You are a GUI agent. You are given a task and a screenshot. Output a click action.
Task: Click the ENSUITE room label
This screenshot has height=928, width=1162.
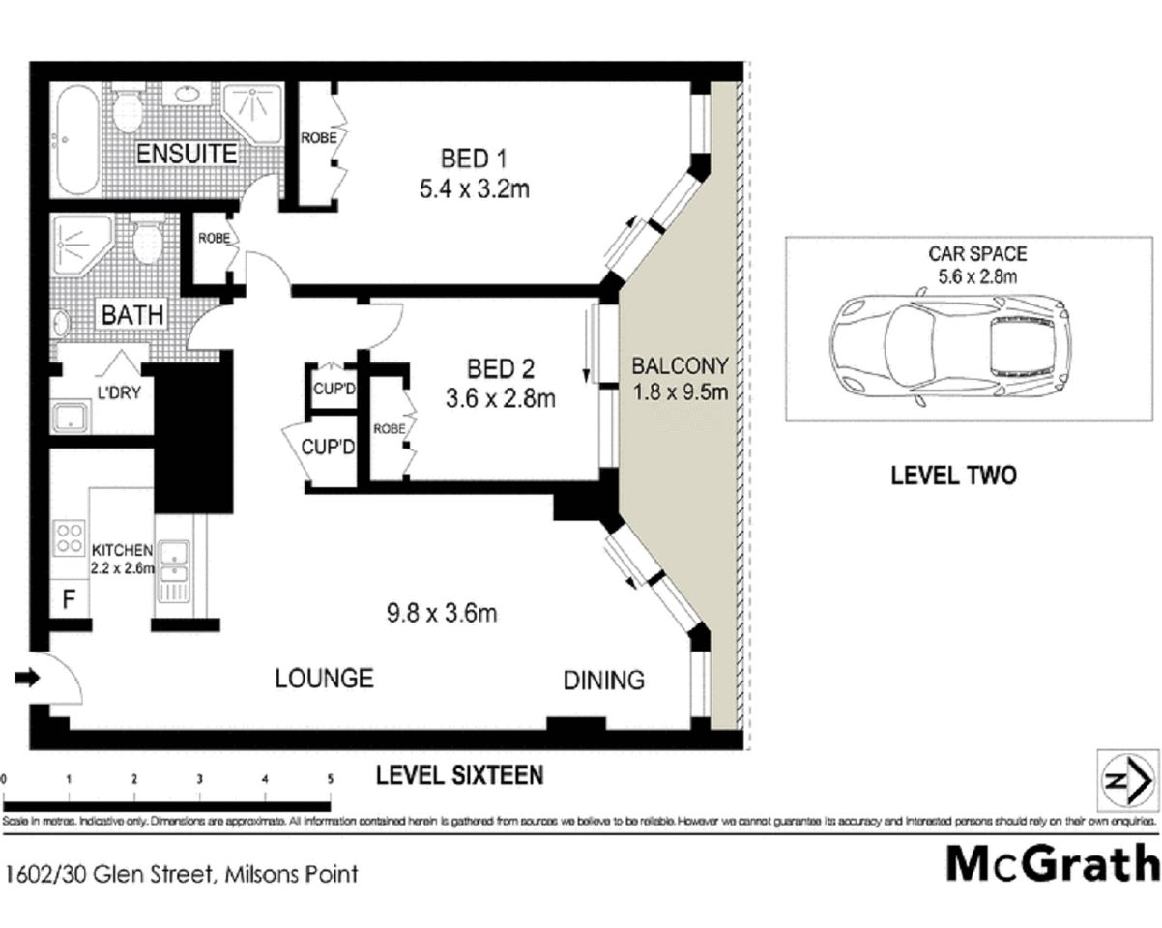186,154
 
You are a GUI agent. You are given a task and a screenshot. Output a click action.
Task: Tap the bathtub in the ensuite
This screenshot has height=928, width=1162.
75,141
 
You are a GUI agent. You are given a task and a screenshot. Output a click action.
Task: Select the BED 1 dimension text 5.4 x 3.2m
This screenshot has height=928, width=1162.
474,189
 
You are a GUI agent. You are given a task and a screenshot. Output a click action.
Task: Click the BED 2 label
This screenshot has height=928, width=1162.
501,368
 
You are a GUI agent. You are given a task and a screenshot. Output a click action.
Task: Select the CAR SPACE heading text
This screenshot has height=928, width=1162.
977,254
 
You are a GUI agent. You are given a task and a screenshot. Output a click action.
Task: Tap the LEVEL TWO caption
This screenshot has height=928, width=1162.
952,476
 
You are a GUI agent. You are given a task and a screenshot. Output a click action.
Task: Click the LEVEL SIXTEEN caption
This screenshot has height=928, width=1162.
459,774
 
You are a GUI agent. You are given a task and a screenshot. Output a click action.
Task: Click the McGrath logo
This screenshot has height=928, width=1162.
1052,862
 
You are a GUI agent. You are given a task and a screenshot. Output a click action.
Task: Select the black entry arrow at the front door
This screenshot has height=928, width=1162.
29,679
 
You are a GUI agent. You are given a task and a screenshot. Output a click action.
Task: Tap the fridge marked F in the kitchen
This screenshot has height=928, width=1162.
69,599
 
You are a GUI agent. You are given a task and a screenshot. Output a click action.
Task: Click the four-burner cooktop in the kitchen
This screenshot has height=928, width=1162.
70,537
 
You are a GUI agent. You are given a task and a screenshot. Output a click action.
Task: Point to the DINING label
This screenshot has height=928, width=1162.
603,680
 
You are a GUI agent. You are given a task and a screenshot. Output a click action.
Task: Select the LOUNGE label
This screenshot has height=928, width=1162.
324,678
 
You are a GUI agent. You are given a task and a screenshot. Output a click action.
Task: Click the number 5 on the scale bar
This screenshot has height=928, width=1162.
331,778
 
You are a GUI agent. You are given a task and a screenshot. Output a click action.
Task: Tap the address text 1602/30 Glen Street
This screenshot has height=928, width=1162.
106,875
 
